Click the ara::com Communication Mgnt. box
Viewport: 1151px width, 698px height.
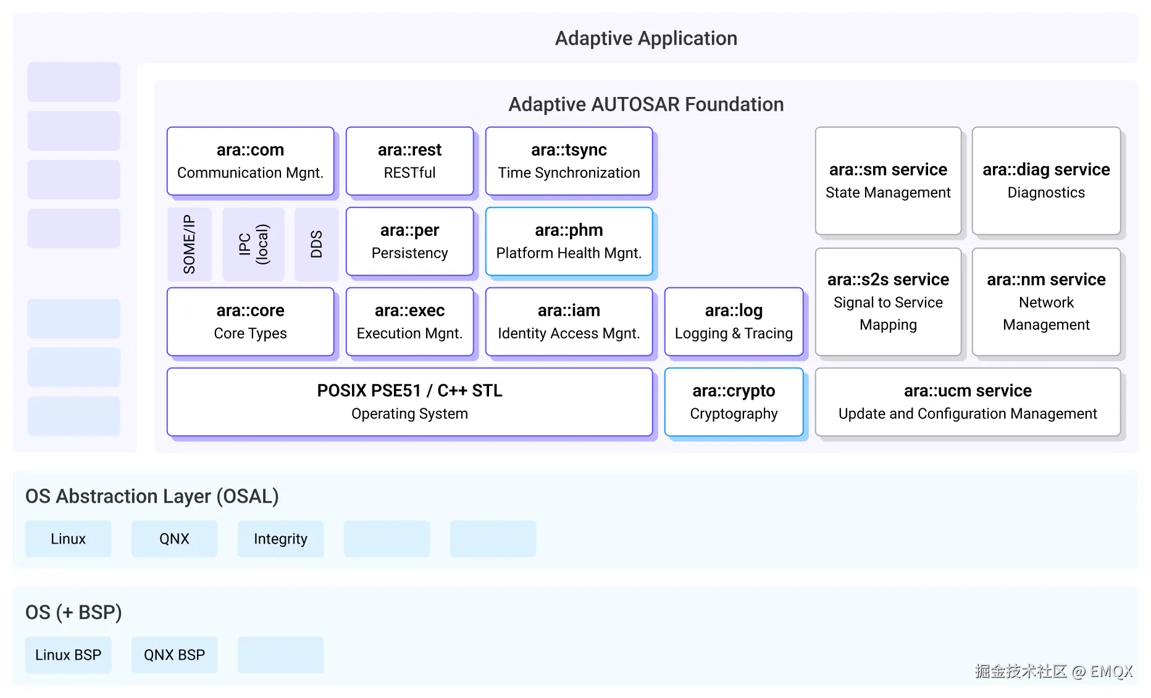250,161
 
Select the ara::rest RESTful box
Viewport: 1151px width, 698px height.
409,161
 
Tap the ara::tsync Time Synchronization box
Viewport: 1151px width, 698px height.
569,161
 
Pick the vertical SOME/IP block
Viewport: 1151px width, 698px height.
189,244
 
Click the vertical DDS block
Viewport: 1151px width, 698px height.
316,244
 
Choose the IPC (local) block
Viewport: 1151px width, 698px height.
253,244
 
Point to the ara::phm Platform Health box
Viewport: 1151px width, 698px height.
569,242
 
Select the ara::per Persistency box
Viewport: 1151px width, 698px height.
409,242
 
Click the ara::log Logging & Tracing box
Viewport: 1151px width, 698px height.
734,322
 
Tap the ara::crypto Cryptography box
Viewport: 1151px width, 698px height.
734,402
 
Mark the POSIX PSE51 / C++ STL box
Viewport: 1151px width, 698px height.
409,402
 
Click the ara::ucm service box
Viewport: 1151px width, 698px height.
968,402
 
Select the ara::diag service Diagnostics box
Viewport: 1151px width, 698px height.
1046,180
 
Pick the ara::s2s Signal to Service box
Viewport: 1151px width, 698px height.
888,301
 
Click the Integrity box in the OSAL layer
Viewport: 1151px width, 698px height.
280,539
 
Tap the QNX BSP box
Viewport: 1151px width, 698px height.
174,655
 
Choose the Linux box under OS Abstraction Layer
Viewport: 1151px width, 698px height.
68,539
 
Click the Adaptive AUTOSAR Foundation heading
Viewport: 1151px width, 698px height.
646,104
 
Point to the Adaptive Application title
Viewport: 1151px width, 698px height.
646,38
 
